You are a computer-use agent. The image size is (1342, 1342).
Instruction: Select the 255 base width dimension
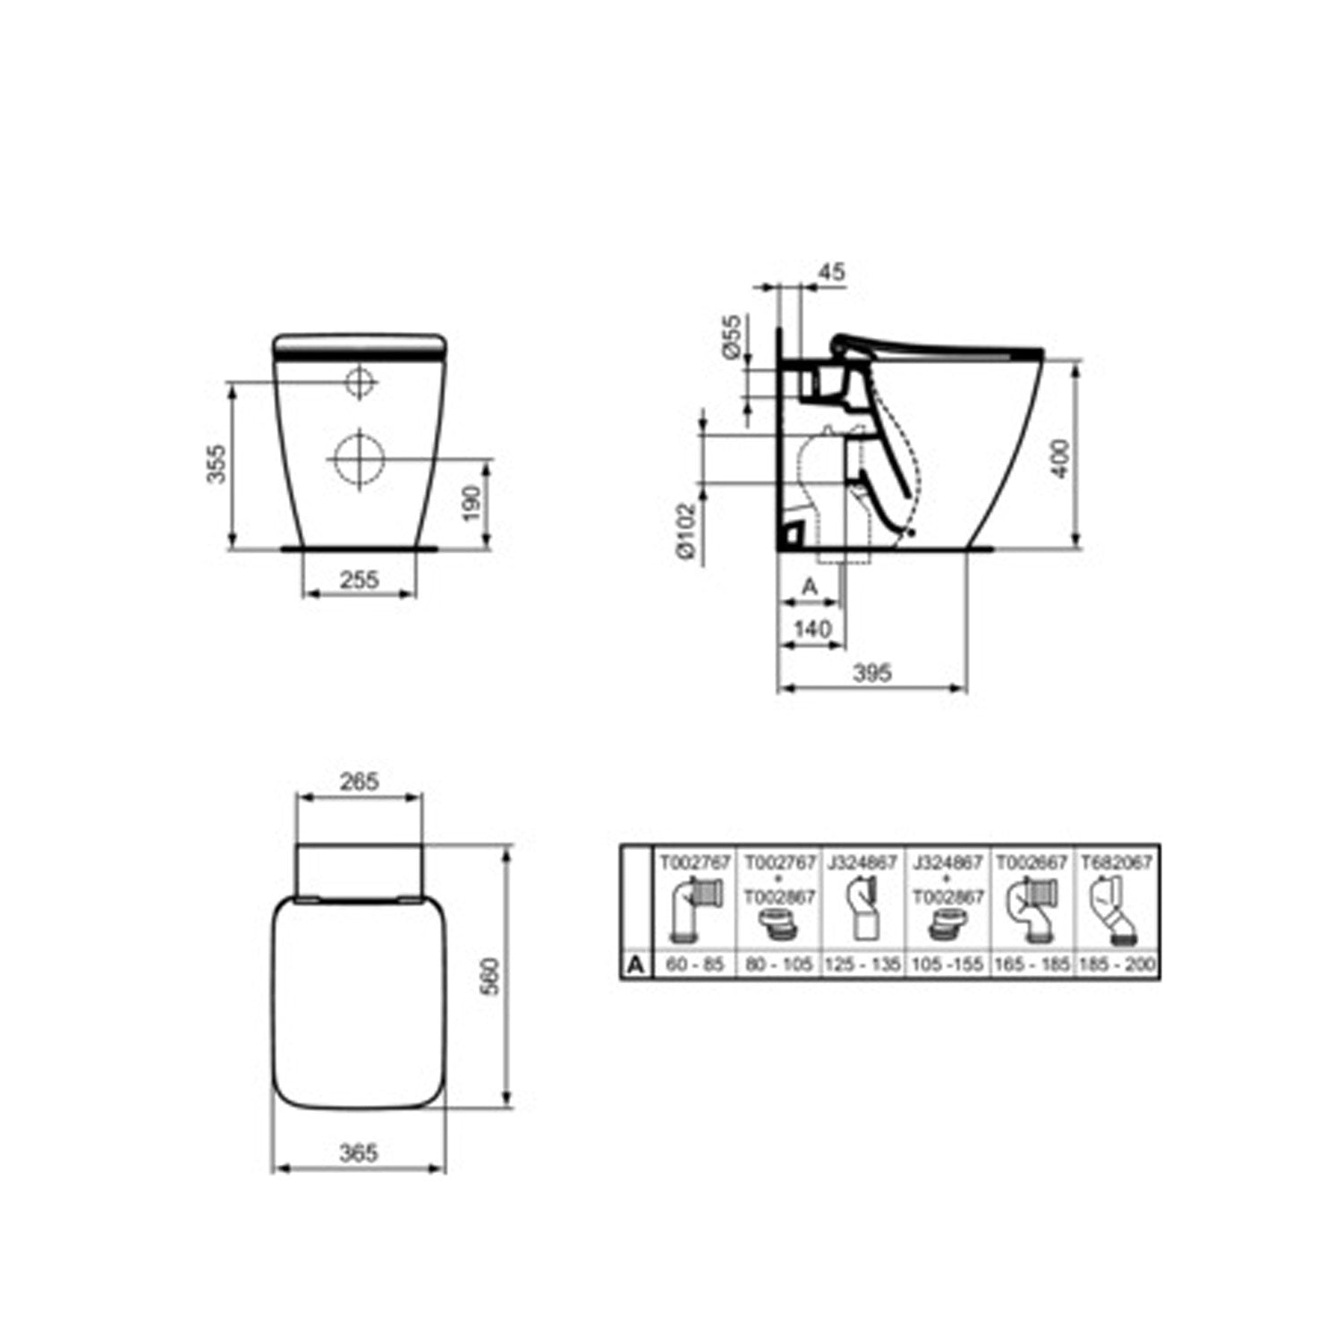click(359, 580)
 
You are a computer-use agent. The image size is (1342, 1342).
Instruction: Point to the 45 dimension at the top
click(831, 272)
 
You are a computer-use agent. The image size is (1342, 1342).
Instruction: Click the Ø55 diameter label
click(731, 337)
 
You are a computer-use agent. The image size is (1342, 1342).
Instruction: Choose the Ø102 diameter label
click(686, 531)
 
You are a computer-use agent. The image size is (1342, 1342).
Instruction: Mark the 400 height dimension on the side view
click(1061, 459)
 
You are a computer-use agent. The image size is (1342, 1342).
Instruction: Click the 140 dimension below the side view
click(812, 630)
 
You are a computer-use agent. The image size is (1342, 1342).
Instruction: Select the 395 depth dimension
click(872, 673)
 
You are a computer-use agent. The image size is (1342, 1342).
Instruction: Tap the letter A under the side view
click(809, 587)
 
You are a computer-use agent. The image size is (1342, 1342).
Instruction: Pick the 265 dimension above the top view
click(359, 781)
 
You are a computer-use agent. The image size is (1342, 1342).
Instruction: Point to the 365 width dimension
click(358, 1153)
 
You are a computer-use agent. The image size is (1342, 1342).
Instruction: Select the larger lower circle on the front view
click(359, 459)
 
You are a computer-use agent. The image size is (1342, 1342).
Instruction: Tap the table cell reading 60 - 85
click(694, 965)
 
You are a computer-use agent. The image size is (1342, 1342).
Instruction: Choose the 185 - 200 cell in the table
click(1118, 965)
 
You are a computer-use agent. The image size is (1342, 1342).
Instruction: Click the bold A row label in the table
click(635, 965)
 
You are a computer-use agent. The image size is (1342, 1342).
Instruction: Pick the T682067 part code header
click(1117, 862)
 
